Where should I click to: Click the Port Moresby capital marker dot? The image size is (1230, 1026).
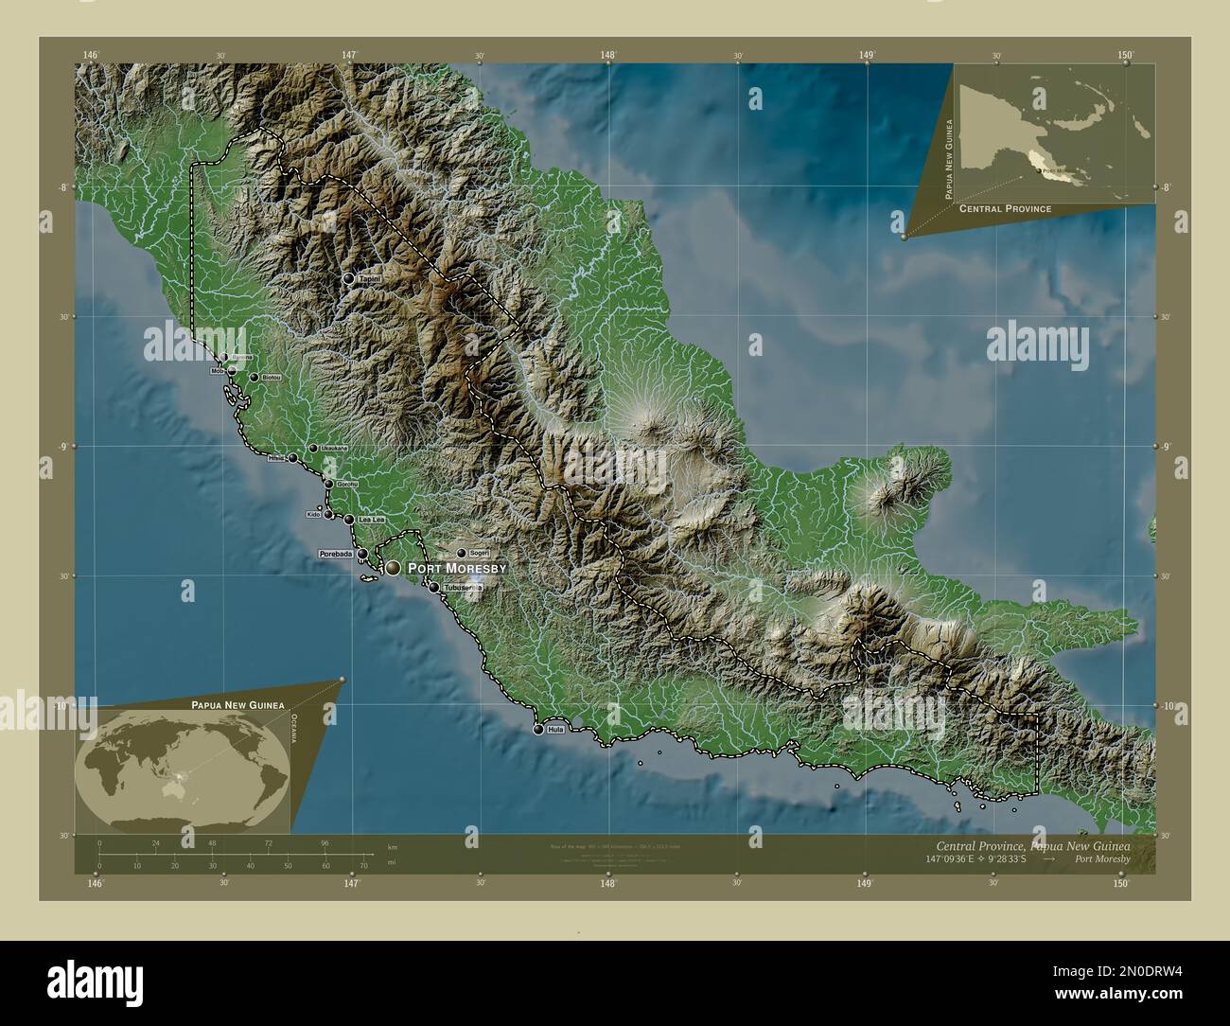(394, 568)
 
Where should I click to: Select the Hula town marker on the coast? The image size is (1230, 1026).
(538, 730)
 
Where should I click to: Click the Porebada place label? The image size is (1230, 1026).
(336, 554)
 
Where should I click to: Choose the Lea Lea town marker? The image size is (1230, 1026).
(349, 520)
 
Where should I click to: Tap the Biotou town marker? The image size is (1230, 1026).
(254, 377)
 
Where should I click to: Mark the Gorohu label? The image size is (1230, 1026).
(347, 485)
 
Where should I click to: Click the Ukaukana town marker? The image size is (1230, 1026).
(313, 448)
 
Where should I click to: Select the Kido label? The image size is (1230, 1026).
(314, 514)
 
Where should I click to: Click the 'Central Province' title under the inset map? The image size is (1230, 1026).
(1005, 208)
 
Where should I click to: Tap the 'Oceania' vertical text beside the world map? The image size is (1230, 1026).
(293, 730)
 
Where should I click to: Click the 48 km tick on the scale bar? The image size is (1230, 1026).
(212, 843)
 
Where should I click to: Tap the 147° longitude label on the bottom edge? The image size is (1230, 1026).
(352, 883)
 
